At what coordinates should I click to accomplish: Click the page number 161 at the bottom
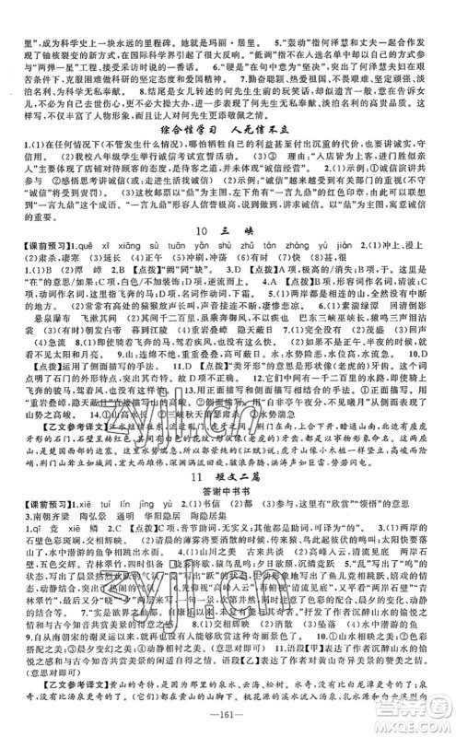(228, 719)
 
